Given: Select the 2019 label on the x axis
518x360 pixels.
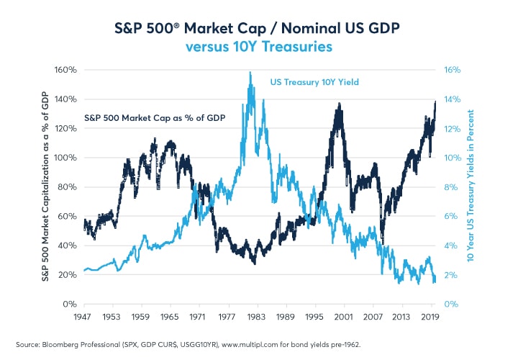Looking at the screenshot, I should pos(430,316).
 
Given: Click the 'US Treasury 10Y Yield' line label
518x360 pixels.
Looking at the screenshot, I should pos(314,83).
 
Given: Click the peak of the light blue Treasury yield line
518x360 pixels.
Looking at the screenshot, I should pos(250,72).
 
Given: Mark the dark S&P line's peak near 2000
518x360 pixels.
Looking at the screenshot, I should pos(338,104).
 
